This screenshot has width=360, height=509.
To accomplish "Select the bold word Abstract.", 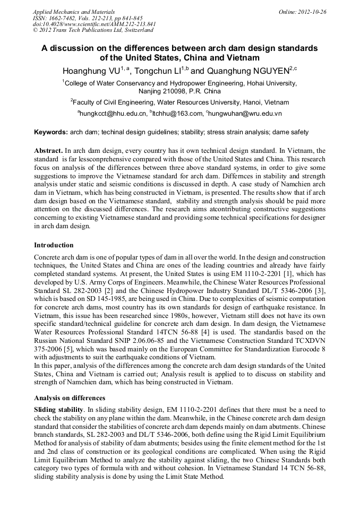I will click(48, 151).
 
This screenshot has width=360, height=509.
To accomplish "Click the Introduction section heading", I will click(54, 245).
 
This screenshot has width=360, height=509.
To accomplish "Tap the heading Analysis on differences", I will click(70, 398).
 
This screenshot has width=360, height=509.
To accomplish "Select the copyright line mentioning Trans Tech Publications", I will click(85, 30).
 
